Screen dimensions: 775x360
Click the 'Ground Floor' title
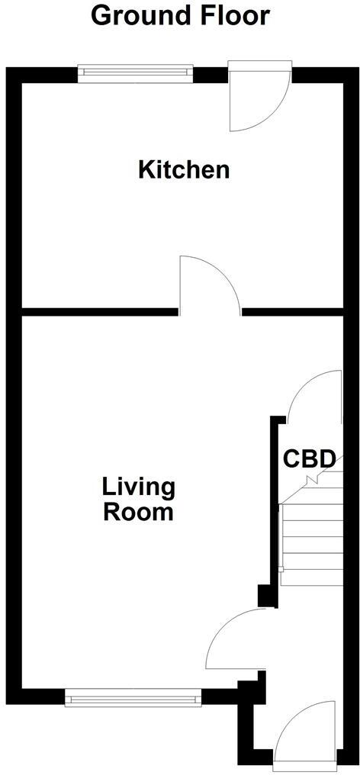(180, 14)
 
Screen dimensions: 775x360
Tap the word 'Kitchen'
(184, 169)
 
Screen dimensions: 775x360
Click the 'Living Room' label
(139, 499)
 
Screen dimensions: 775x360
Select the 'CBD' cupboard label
(309, 459)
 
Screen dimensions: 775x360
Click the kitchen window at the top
(135, 72)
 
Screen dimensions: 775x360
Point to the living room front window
(133, 696)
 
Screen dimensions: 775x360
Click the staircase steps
(310, 542)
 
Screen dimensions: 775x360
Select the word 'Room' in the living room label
(139, 512)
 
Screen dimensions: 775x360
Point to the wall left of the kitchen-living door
(99, 311)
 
